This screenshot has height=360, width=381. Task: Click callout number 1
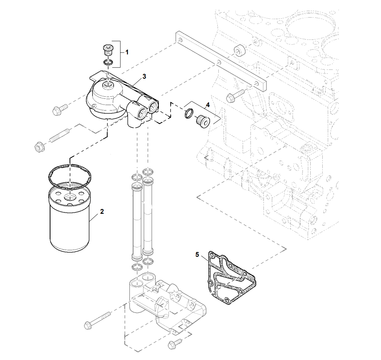coord(127,52)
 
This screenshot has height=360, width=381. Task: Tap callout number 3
coord(144,77)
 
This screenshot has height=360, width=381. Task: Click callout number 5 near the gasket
coord(197,255)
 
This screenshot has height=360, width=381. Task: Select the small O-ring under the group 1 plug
coord(108,62)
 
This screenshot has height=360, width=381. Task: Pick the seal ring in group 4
coord(189,113)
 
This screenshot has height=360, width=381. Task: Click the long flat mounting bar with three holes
coord(222,62)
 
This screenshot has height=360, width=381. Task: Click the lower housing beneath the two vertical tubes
coord(166,305)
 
